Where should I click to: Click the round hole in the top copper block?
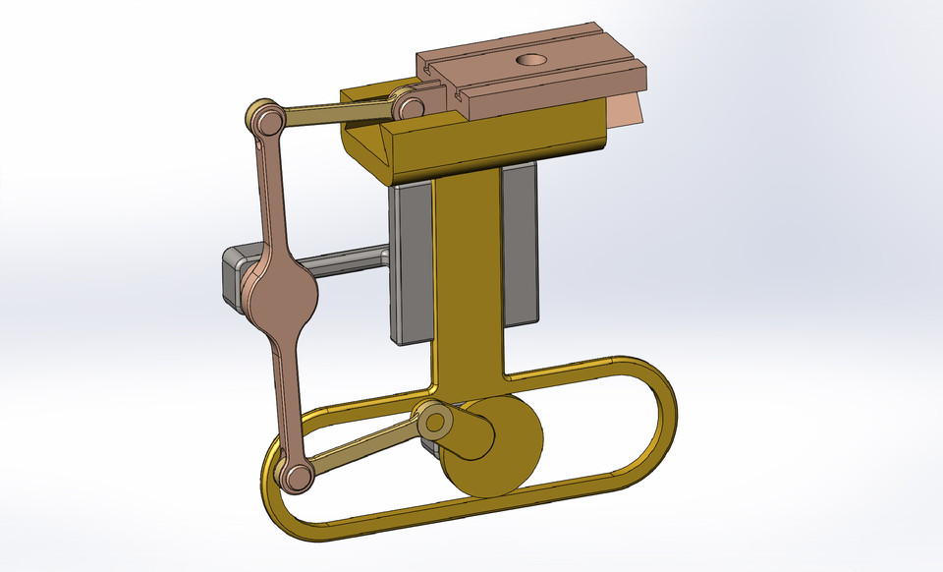(532, 62)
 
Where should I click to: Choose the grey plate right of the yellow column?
(521, 246)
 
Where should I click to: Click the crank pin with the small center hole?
(435, 423)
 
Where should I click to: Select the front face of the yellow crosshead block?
(491, 147)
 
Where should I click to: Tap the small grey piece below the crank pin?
(429, 447)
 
